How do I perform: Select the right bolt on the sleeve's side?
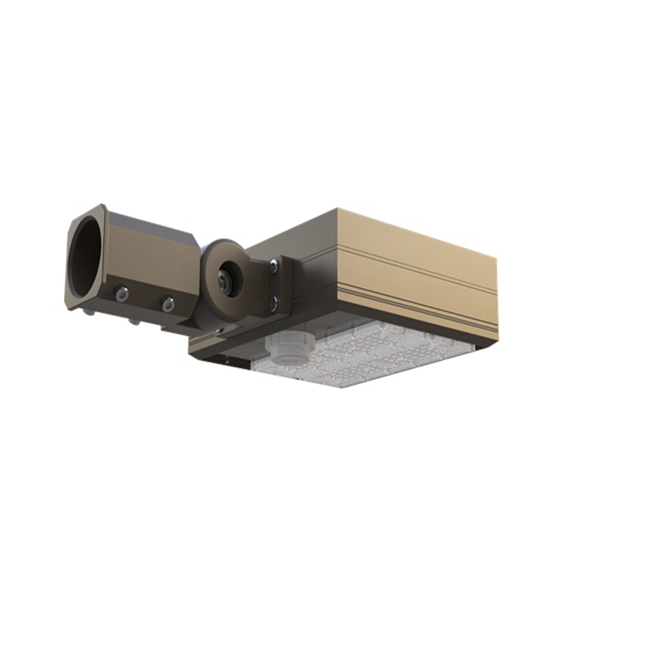pos(168,305)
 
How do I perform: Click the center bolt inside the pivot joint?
pos(224,280)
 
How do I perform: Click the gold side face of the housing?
pos(417,267)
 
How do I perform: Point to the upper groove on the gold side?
pos(417,250)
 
